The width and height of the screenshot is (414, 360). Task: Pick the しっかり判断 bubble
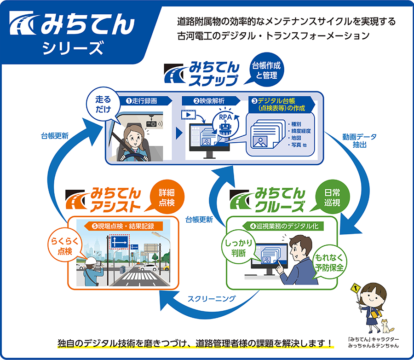pyautogui.click(x=239, y=247)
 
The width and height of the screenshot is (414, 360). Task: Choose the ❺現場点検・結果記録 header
pyautogui.click(x=125, y=226)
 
